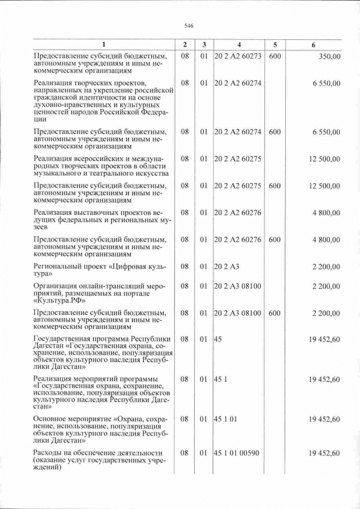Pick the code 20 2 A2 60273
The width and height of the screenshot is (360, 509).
coord(238,57)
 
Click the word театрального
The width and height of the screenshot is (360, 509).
coord(107,174)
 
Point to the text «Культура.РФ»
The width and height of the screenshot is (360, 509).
coord(60,300)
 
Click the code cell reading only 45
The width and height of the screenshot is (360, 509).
coord(219,339)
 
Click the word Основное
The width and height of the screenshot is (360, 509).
coord(52,419)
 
